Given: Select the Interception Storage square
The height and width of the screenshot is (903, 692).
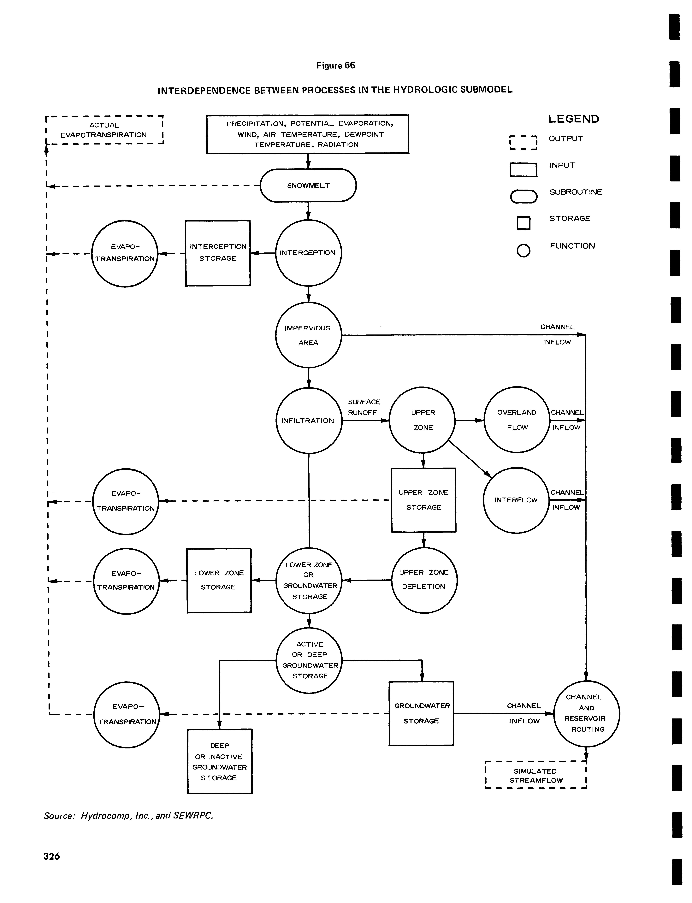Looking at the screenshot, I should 218,253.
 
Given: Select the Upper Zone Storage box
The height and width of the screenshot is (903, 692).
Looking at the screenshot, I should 423,500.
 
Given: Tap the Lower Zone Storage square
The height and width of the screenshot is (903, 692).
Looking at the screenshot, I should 219,580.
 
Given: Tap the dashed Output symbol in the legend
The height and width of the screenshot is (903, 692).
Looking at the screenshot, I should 523,142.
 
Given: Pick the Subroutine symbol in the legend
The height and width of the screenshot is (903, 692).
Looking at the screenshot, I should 523,196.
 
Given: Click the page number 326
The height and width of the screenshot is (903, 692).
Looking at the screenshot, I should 52,856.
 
